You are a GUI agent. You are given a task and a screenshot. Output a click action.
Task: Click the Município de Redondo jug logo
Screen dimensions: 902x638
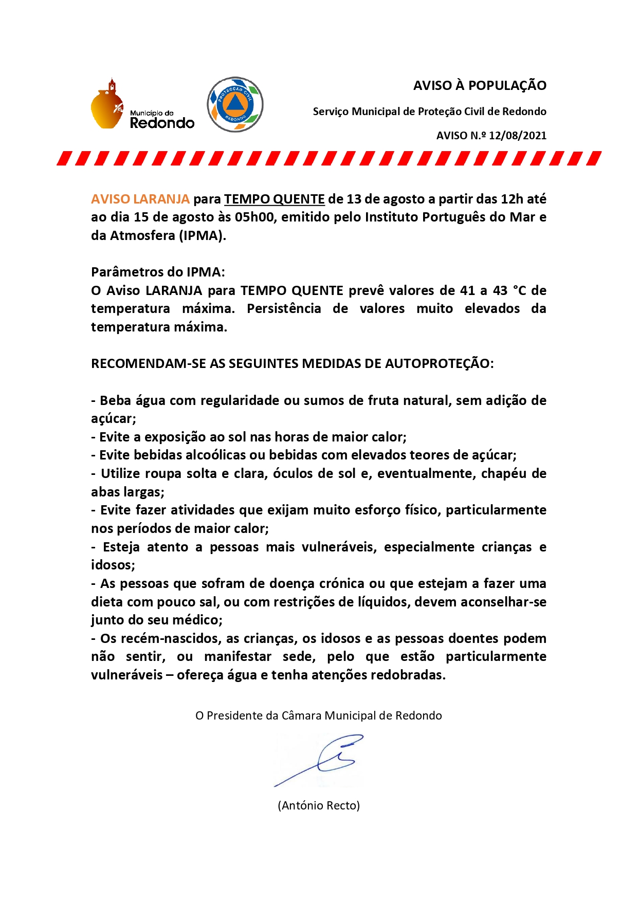(107, 104)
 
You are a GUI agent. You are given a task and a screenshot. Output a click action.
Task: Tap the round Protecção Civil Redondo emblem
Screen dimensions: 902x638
(235, 104)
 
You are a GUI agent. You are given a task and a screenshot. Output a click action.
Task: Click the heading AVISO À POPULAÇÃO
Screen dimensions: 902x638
(480, 85)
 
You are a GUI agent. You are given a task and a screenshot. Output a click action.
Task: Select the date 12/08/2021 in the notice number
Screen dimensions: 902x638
(517, 136)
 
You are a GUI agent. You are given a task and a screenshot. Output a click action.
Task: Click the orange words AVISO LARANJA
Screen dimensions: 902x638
(140, 199)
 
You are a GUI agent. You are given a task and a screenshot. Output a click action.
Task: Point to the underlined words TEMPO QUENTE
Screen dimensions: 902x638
(274, 199)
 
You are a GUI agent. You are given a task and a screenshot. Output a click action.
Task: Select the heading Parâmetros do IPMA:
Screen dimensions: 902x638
(158, 272)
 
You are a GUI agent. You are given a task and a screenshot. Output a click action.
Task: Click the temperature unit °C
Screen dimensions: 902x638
(519, 290)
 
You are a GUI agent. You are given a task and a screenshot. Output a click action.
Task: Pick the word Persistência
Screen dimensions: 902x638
(284, 309)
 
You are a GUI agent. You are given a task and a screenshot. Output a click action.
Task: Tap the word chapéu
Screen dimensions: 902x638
(503, 473)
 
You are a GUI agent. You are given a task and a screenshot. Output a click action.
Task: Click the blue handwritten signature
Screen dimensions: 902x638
(321, 760)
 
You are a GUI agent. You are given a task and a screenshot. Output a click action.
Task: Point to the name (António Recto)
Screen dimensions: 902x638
(319, 805)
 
